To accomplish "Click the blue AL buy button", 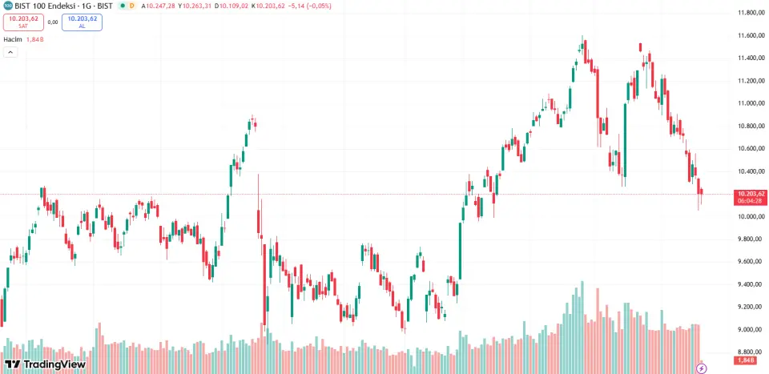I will click(82, 22).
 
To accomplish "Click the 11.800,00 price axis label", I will click(749, 13).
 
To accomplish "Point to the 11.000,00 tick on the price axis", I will click(749, 103).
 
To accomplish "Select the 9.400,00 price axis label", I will click(749, 284).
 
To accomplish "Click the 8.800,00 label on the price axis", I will click(749, 352).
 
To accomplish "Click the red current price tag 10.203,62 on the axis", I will click(751, 194).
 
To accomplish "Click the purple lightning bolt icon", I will click(702, 368).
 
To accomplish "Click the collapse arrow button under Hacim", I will click(10, 52).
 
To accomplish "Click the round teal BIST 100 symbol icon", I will click(7, 6).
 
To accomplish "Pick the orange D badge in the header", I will click(131, 6).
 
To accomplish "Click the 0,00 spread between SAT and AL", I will click(52, 22).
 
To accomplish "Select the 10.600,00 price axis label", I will click(749, 149).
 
